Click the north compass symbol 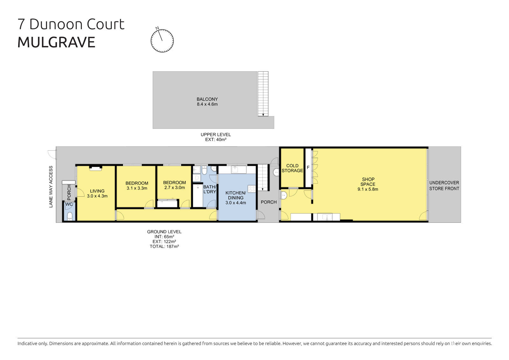click(162, 40)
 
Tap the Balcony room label click(207, 102)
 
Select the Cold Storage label click(292, 168)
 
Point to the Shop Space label click(368, 184)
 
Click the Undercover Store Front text click(444, 186)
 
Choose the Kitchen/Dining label click(235, 198)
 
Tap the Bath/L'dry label click(210, 189)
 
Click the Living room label click(97, 194)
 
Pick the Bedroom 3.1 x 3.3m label click(137, 186)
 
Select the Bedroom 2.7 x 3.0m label click(174, 185)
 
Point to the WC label click(69, 204)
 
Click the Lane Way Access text click(51, 187)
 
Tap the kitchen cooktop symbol click(252, 189)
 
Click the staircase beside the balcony click(263, 94)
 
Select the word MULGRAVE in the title click(56, 42)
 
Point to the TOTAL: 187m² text click(164, 246)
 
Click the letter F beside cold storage click(308, 167)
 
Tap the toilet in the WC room click(70, 216)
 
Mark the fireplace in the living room click(95, 168)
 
